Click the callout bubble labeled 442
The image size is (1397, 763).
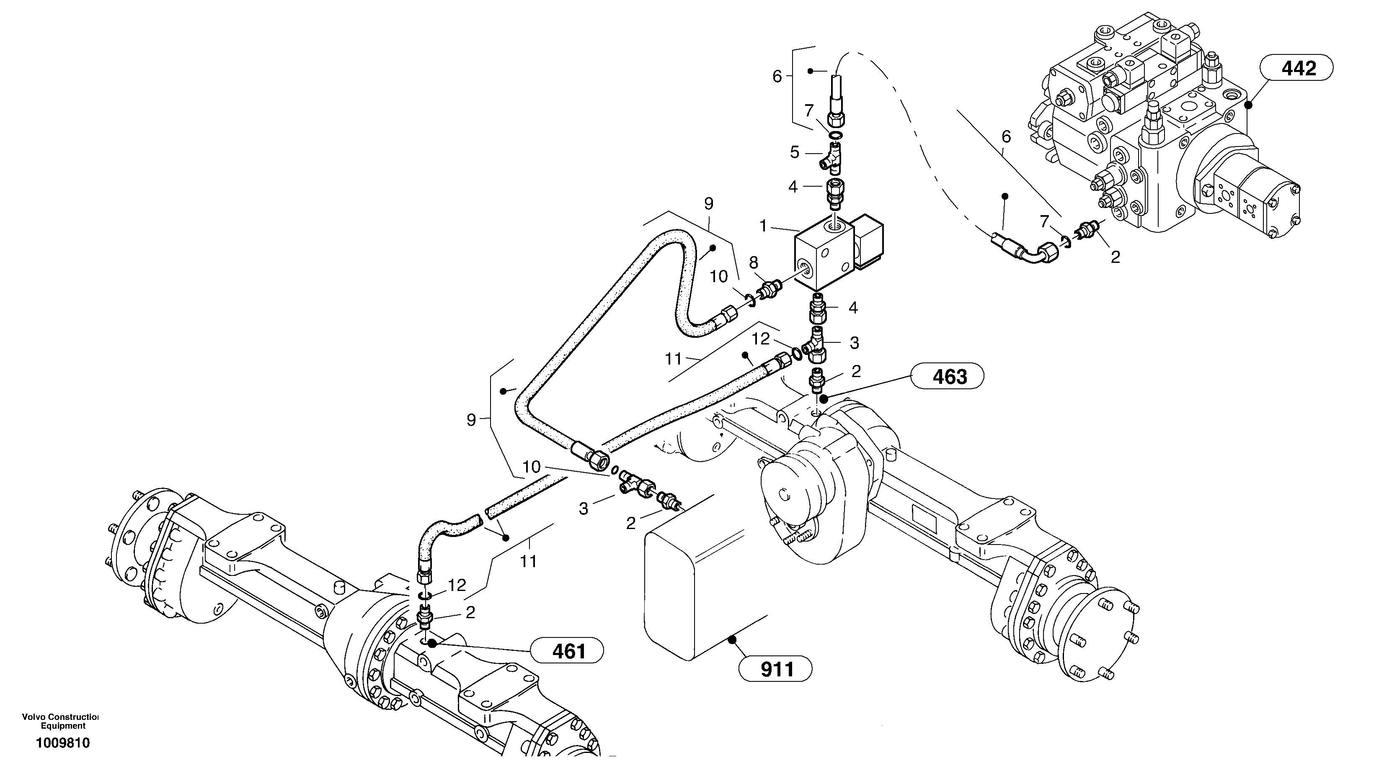1296,68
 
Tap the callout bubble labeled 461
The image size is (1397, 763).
567,651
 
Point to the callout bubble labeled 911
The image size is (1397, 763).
775,669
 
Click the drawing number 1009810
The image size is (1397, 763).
63,743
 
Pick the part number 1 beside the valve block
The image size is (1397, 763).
763,226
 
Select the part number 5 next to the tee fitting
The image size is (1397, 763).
795,152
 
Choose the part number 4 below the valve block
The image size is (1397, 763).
852,308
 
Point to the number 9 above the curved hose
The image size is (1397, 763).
709,204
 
